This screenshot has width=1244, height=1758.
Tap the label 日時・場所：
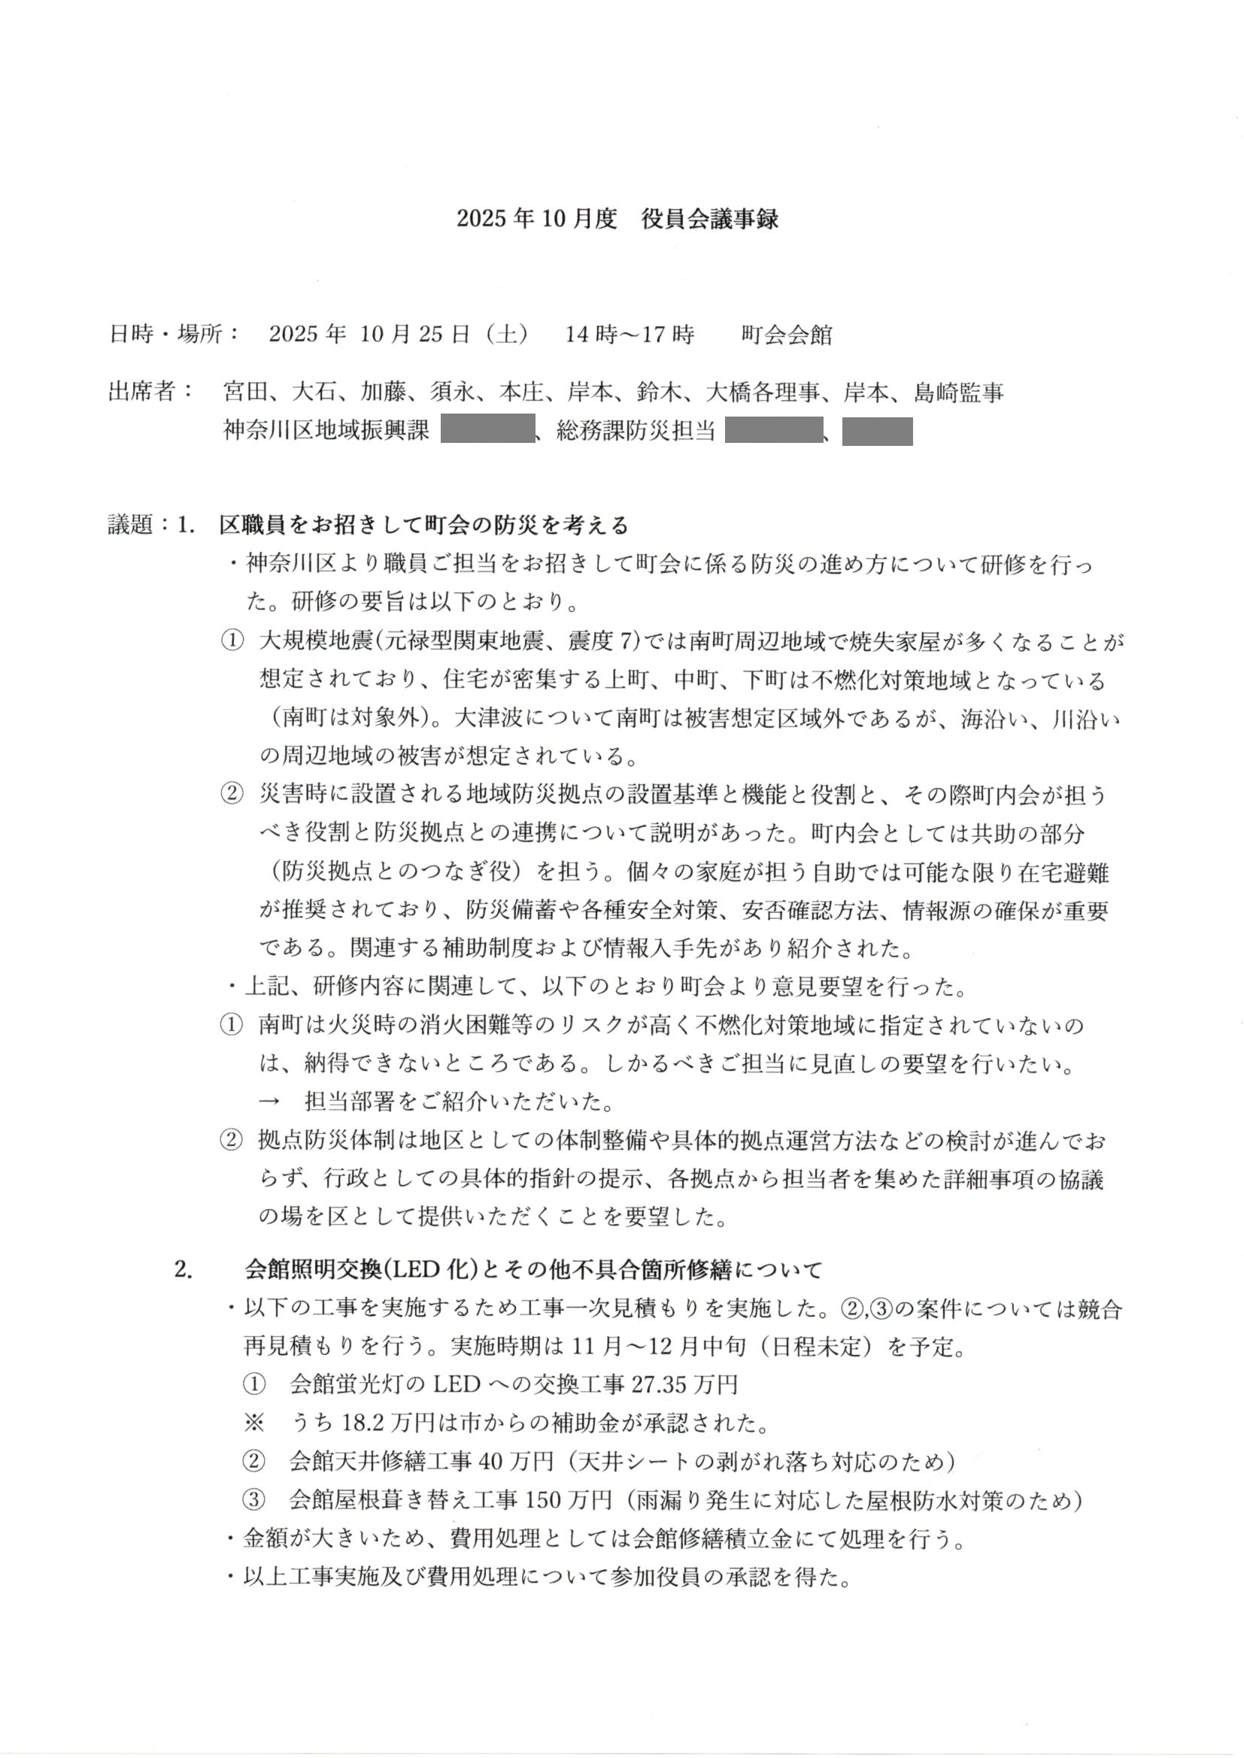174,335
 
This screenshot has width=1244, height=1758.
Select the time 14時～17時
630,335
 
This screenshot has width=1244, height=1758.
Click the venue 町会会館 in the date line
786,335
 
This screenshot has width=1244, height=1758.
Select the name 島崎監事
958,393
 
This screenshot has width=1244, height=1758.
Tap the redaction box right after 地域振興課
487,430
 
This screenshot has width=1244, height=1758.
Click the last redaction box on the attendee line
877,431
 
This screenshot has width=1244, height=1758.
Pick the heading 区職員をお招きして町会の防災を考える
423,526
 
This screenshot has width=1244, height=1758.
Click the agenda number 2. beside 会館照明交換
183,1270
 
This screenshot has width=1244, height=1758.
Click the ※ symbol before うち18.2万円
253,1423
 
